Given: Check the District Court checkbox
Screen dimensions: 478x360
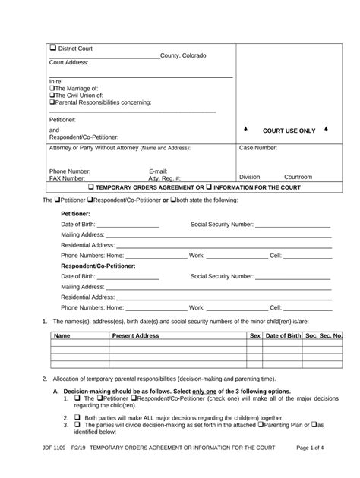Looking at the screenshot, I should (x=53, y=49).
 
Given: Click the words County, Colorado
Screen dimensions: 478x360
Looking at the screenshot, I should (x=182, y=56).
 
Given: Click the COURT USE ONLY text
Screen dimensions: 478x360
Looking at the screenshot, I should (x=289, y=131).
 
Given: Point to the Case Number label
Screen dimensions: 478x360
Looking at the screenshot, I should (x=258, y=148).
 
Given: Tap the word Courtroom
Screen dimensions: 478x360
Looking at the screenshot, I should (x=298, y=177).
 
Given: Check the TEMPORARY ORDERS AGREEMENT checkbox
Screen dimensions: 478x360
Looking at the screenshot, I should (x=92, y=187).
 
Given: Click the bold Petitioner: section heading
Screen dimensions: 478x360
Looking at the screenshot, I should (x=76, y=214).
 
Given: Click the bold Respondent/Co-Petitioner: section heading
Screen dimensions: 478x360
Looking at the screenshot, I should (x=98, y=266).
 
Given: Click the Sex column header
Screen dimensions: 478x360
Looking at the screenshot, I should (x=255, y=335).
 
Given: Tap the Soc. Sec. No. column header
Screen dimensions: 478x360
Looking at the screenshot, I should (x=323, y=335).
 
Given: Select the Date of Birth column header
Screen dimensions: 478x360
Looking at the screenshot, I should (x=283, y=335).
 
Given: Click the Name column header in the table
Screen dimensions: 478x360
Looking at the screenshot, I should (x=62, y=335).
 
